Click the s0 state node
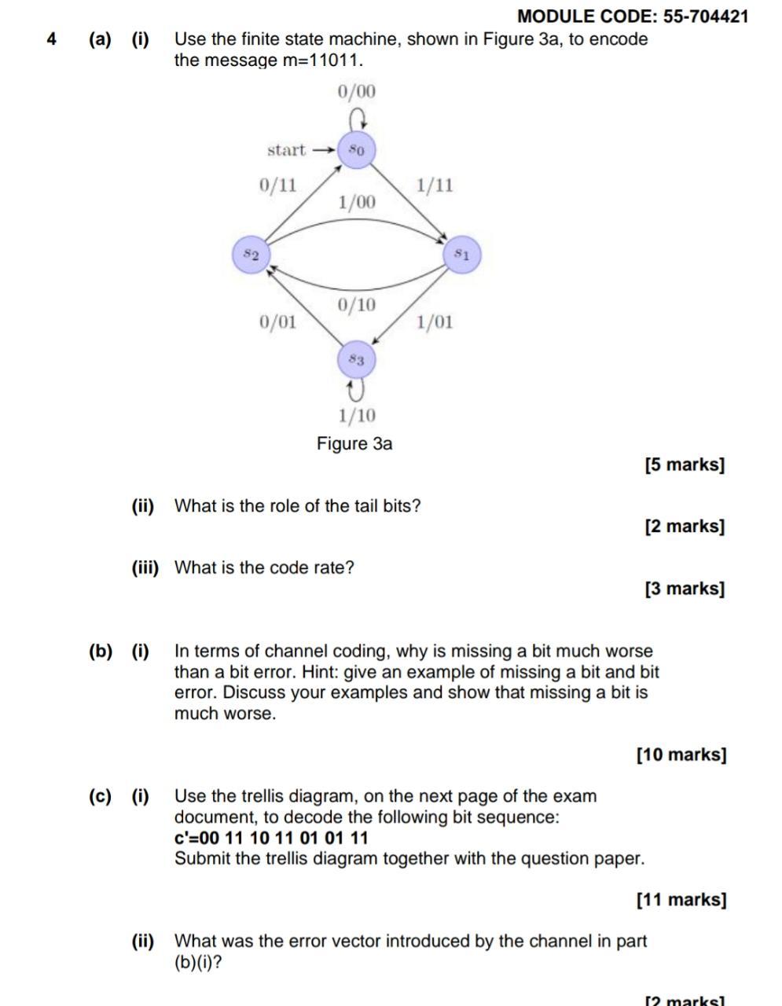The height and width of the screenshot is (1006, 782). (357, 149)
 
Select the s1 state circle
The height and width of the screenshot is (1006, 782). (461, 255)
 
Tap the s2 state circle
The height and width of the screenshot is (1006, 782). (251, 255)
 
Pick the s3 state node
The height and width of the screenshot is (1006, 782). (356, 360)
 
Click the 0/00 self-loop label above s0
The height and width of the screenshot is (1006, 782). (357, 92)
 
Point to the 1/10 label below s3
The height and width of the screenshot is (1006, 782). (357, 415)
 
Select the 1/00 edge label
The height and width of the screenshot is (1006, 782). (357, 202)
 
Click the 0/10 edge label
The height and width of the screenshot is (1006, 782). (357, 304)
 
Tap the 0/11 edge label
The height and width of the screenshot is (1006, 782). (278, 185)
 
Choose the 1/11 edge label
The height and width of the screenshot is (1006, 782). (435, 185)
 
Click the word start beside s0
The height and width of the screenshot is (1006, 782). (287, 149)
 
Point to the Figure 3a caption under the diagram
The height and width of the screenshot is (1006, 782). (354, 443)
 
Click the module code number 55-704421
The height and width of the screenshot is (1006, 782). (706, 16)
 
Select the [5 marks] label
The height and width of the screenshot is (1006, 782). (685, 464)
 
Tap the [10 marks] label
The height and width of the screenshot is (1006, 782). (681, 754)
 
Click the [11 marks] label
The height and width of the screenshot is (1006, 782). (681, 899)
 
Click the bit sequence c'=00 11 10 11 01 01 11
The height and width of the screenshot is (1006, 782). (271, 838)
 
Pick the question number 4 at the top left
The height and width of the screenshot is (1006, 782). (52, 39)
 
